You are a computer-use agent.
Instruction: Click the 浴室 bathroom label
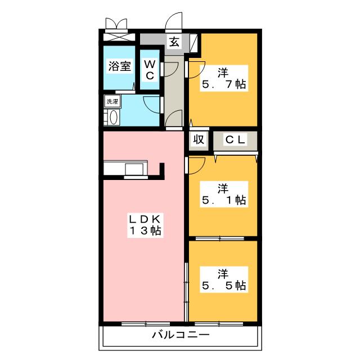[120, 66]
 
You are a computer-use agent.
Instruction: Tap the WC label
[150, 70]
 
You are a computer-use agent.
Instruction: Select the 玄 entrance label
[174, 42]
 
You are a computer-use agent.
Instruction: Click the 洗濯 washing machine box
[112, 101]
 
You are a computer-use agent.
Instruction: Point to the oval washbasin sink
[114, 118]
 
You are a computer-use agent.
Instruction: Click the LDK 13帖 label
[145, 225]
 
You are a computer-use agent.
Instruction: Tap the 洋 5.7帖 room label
[224, 78]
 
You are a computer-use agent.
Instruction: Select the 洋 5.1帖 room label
[224, 194]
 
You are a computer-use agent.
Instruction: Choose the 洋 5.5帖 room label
[224, 280]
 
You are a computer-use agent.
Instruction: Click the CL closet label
[235, 139]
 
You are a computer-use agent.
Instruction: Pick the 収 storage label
[199, 139]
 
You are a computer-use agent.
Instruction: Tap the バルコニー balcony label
[181, 335]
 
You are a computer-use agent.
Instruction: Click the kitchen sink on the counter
[134, 169]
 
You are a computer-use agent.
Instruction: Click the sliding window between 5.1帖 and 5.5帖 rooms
[220, 238]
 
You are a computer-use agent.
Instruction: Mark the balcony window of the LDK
[146, 324]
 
